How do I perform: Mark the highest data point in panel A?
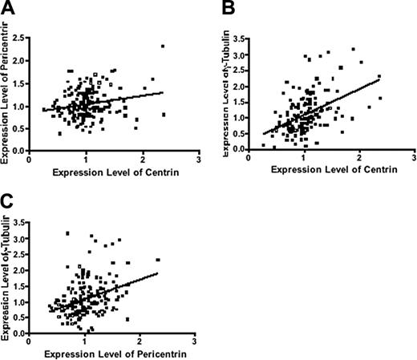tap(163, 47)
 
